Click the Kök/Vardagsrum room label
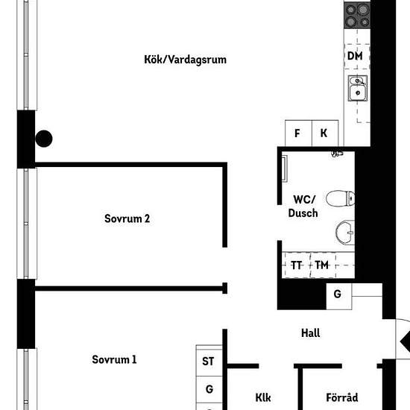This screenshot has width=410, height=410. click(x=185, y=60)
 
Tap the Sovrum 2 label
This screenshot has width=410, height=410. click(x=127, y=218)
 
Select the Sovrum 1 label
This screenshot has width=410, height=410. click(x=114, y=359)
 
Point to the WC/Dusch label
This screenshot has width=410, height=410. click(x=303, y=206)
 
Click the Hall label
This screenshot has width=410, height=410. click(x=311, y=333)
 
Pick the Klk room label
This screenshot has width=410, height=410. click(x=263, y=398)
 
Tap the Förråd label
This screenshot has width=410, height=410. click(x=342, y=397)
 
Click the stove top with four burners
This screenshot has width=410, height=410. click(x=357, y=16)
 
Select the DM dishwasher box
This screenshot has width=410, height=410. click(x=356, y=56)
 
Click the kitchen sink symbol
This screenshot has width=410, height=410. click(x=357, y=88)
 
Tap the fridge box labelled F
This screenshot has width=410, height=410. click(x=298, y=133)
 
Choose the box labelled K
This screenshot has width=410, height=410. click(x=325, y=133)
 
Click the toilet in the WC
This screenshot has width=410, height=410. click(x=340, y=198)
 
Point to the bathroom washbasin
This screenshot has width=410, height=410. click(x=345, y=233)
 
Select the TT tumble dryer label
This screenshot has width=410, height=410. click(x=296, y=265)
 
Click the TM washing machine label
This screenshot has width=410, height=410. click(x=321, y=265)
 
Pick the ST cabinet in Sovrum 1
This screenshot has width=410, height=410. click(x=209, y=361)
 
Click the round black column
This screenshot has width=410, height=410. click(x=44, y=139)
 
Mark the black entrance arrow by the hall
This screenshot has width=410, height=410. click(x=406, y=341)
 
